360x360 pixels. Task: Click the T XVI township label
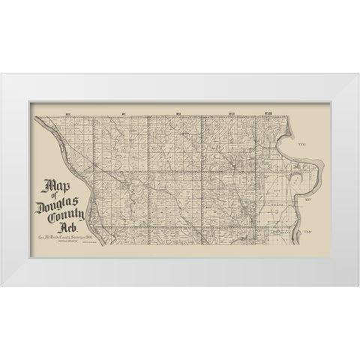303,142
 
